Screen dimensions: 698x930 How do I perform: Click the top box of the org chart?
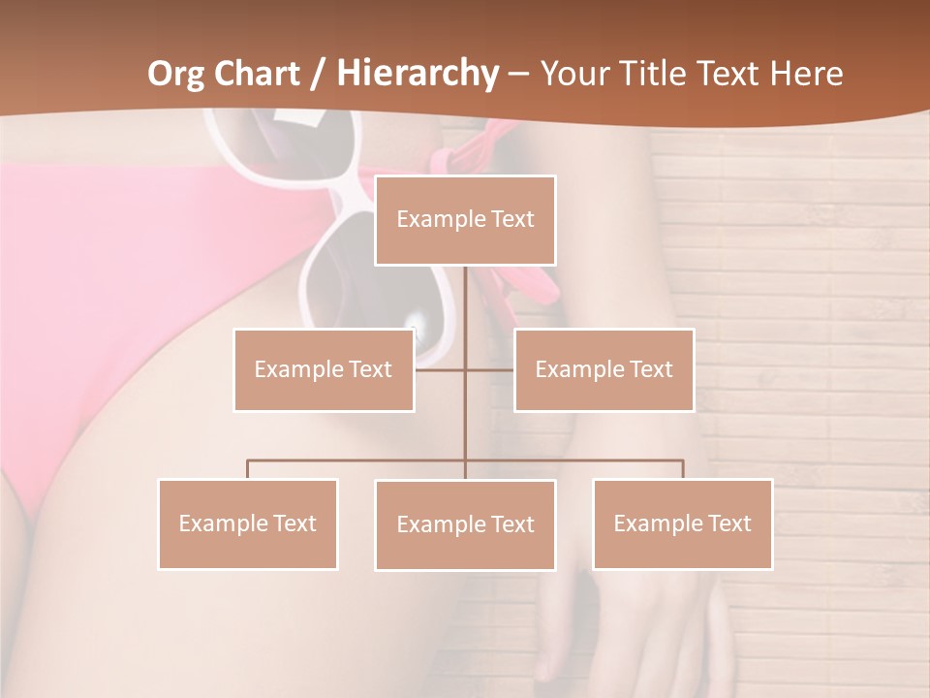pyautogui.click(x=465, y=220)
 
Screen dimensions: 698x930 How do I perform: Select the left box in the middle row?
pyautogui.click(x=324, y=369)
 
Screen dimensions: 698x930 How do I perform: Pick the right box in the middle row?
pyautogui.click(x=604, y=369)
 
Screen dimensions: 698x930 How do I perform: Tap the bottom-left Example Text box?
pyautogui.click(x=248, y=523)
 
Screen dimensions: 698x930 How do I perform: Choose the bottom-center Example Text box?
pyautogui.click(x=465, y=524)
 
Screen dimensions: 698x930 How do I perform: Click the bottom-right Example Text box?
pyautogui.click(x=682, y=523)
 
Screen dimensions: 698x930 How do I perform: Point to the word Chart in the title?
pyautogui.click(x=254, y=74)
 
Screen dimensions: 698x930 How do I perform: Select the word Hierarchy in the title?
pyautogui.click(x=417, y=74)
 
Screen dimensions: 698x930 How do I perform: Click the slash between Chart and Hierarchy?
pyautogui.click(x=318, y=74)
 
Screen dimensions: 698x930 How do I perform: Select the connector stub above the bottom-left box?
pyautogui.click(x=248, y=469)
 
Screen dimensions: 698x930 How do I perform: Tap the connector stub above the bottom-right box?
pyautogui.click(x=682, y=469)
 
